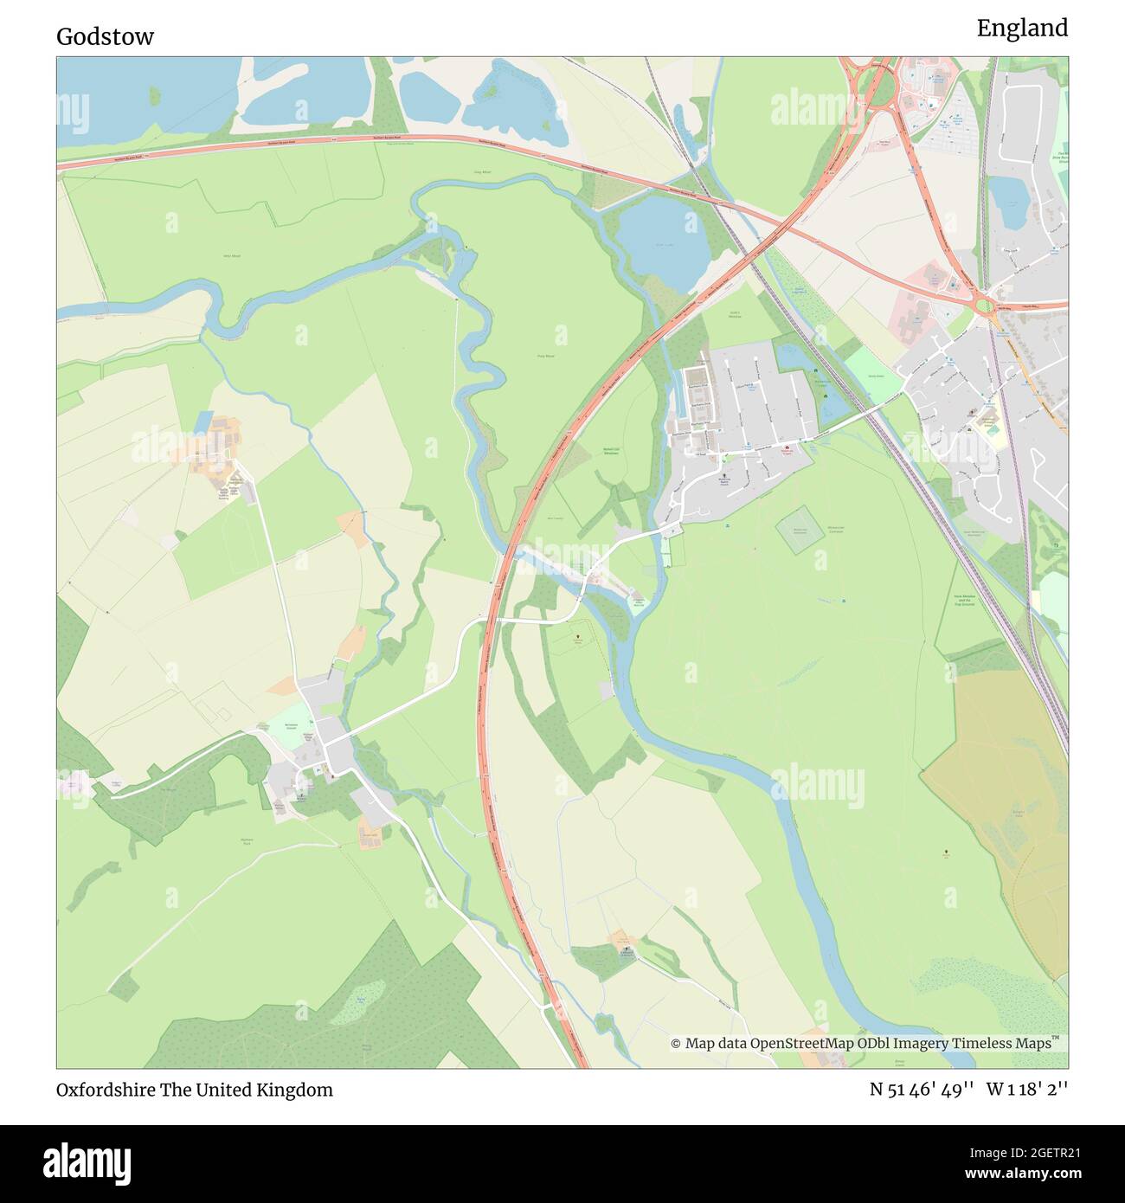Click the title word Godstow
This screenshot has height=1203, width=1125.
(x=105, y=36)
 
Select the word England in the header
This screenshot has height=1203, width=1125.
(x=1022, y=29)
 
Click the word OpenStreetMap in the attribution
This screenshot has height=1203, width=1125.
(x=802, y=1044)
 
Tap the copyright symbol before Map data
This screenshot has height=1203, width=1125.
(x=676, y=1044)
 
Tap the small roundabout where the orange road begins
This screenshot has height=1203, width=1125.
(x=985, y=305)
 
